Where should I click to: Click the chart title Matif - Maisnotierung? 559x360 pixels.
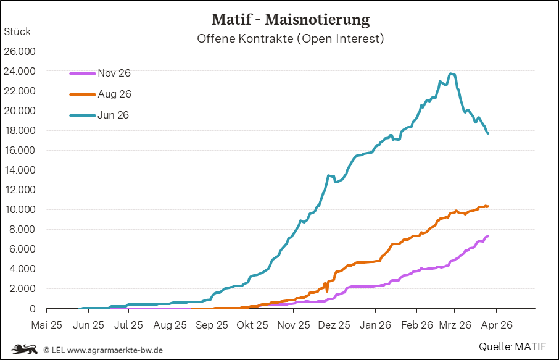point(290,19)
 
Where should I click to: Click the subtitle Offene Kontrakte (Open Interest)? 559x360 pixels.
point(290,38)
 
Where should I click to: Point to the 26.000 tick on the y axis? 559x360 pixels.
point(20,51)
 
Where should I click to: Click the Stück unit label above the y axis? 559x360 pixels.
point(17,31)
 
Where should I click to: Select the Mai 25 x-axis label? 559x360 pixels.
point(47,324)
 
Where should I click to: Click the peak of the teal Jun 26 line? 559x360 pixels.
point(452,74)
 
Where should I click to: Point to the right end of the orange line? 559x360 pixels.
point(488,206)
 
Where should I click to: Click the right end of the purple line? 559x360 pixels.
point(488,236)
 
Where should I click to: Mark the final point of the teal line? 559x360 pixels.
point(488,133)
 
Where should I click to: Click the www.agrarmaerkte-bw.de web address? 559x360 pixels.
point(115,350)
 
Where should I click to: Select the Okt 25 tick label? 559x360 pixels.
point(252,324)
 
